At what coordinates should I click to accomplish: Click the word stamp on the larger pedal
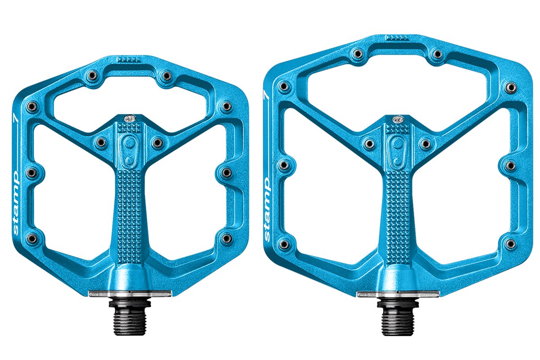267,209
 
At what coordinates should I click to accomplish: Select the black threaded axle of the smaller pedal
130,317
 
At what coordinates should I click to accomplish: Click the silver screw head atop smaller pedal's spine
130,118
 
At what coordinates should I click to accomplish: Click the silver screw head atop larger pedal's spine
398,119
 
